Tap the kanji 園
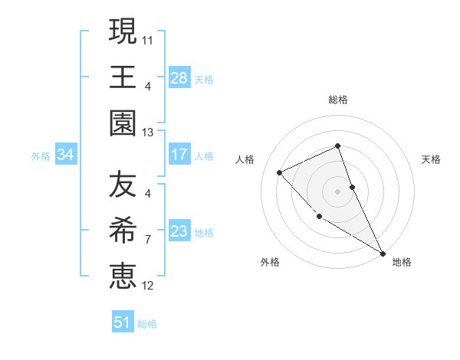123,123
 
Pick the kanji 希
123,231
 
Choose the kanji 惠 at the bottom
123,276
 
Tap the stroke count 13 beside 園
148,132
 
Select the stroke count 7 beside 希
148,239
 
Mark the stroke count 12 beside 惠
148,286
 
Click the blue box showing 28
179,77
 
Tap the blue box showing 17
179,155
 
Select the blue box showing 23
179,231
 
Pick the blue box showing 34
66,155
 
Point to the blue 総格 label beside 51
147,324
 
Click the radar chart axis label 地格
402,262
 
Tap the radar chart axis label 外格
270,262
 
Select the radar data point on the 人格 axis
281,172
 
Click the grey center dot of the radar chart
337,191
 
